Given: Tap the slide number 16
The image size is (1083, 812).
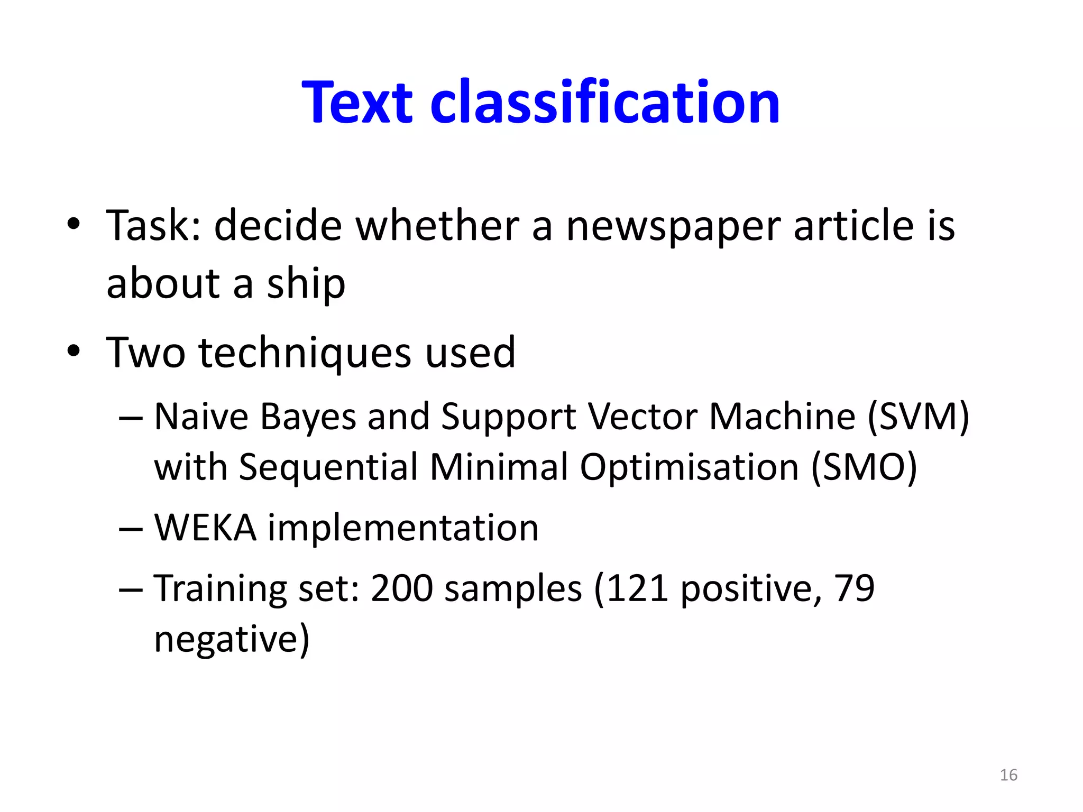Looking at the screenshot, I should click(1008, 775).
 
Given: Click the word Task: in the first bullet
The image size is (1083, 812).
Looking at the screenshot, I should click(154, 226).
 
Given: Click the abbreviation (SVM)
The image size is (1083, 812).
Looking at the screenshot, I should click(918, 417).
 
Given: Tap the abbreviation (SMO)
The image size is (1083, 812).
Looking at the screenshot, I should click(864, 467).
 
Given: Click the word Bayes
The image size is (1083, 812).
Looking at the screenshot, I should click(308, 417).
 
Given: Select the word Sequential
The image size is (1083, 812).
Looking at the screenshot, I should click(328, 467).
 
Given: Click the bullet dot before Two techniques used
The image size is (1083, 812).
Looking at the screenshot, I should click(74, 351).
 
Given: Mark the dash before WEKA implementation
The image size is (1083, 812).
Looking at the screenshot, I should click(131, 528).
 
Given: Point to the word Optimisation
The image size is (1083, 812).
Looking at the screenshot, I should click(689, 467).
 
